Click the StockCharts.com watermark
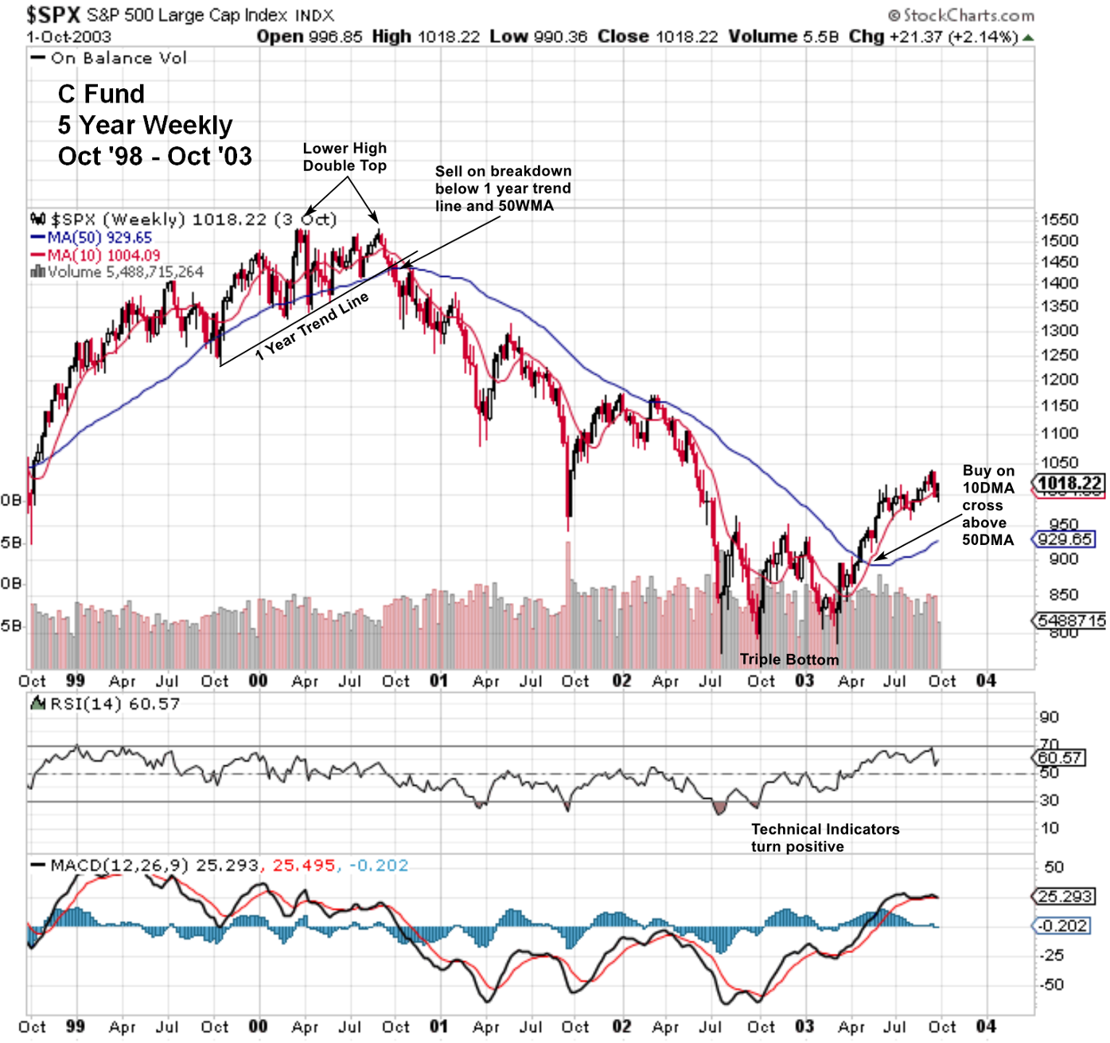click(x=961, y=15)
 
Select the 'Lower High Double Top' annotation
click(x=345, y=157)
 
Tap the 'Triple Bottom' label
click(x=789, y=659)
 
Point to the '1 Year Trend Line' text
click(x=312, y=326)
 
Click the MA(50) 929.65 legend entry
click(x=92, y=237)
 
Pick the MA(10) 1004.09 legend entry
click(x=95, y=255)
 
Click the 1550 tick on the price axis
click(x=1059, y=220)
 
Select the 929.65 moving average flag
click(x=1065, y=539)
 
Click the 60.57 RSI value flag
click(x=1061, y=757)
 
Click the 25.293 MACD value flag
click(x=1065, y=897)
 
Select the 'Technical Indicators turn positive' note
click(x=824, y=838)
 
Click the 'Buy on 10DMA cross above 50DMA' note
click(x=987, y=505)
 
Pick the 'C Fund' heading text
click(x=101, y=94)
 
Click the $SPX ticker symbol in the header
click(x=53, y=15)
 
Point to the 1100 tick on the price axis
click(x=1059, y=434)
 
